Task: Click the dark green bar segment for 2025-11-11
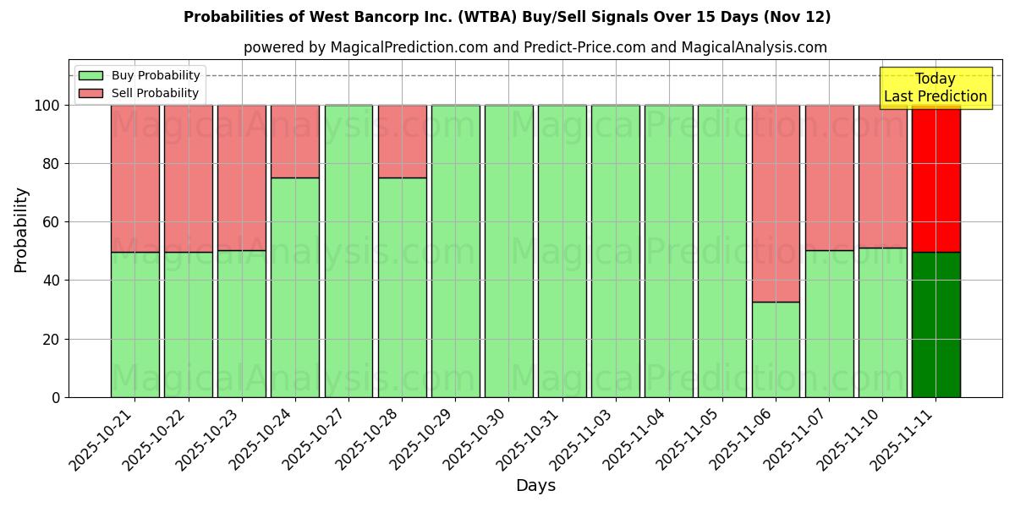935,324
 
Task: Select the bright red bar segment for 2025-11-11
935,178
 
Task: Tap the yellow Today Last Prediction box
935,88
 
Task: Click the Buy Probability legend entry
140,75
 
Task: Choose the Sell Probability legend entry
140,93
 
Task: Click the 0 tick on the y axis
56,397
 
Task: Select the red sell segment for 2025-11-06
776,203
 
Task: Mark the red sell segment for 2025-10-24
295,141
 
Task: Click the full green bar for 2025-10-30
508,251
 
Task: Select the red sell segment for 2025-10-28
402,141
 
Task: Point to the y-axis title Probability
21,230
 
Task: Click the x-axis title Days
535,486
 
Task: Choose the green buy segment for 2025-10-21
134,324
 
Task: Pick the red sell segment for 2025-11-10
882,176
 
